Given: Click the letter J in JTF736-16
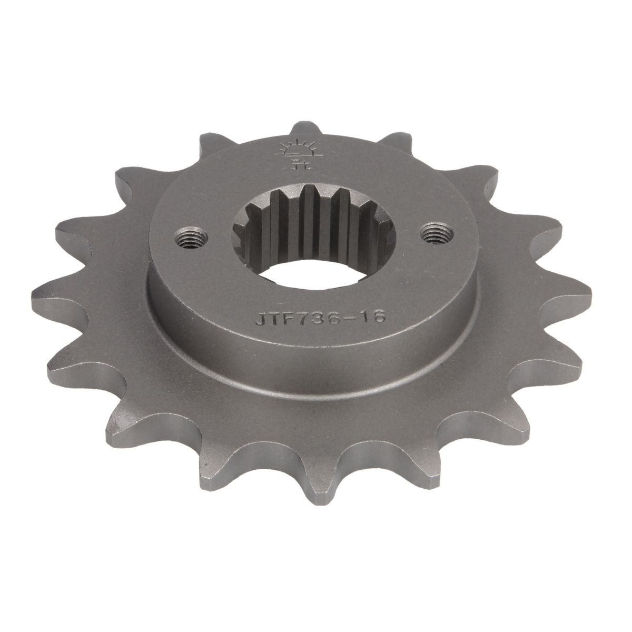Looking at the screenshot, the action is point(261,320).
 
